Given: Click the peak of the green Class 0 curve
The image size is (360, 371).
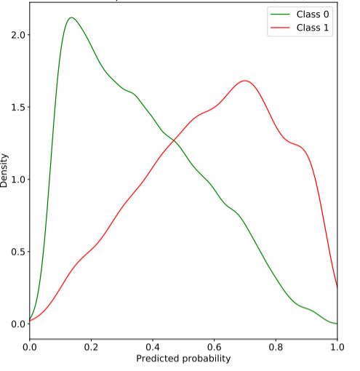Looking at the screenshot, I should click(x=71, y=17).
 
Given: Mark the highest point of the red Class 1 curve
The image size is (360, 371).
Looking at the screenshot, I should click(x=244, y=81).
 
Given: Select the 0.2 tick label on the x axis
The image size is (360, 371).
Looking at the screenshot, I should click(x=91, y=348).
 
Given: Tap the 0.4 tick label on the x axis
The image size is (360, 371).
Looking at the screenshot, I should click(x=152, y=348).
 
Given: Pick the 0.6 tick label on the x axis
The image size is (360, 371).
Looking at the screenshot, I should click(x=214, y=348).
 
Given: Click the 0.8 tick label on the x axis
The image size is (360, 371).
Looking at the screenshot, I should click(x=276, y=348).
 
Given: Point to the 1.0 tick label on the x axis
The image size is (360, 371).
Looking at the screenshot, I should click(x=337, y=348).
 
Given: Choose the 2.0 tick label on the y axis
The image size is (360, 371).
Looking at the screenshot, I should click(x=16, y=35).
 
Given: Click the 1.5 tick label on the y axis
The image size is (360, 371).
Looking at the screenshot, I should click(x=16, y=107).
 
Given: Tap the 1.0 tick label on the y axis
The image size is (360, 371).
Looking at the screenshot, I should click(x=16, y=179).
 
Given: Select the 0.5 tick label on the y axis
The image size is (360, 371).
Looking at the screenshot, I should click(x=16, y=252).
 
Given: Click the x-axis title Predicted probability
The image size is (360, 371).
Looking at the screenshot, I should click(x=183, y=359).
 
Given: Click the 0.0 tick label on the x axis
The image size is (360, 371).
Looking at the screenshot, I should click(x=29, y=348).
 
